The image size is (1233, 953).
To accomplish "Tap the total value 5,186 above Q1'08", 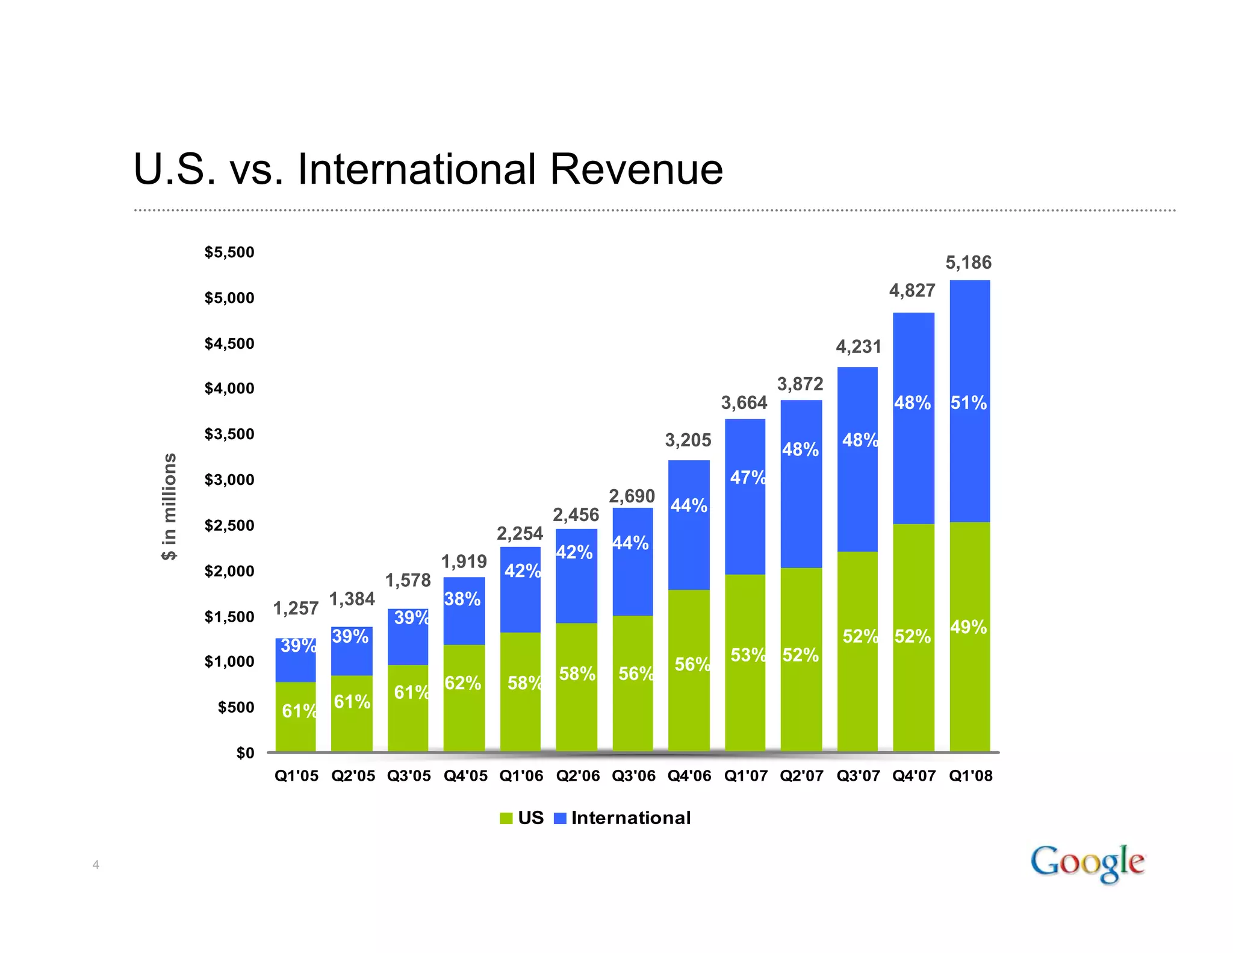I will [968, 263].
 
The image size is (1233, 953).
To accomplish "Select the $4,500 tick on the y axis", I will [229, 343].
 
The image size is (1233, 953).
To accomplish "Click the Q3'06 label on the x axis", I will [633, 776].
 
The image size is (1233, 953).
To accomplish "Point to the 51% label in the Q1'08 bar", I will [968, 402].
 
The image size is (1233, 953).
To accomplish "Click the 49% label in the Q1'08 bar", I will [968, 627].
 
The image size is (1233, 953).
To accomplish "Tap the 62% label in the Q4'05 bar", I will [462, 683].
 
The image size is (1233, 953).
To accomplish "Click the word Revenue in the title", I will [636, 169].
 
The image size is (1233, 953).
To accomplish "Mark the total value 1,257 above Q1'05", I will [296, 608].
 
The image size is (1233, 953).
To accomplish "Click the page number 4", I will [96, 865].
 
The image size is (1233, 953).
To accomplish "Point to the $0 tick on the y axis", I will [245, 753].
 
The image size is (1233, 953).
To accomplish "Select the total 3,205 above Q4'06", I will [688, 440].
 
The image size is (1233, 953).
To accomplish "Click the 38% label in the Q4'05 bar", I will [462, 599].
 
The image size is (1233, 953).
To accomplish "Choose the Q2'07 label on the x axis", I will [801, 776].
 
